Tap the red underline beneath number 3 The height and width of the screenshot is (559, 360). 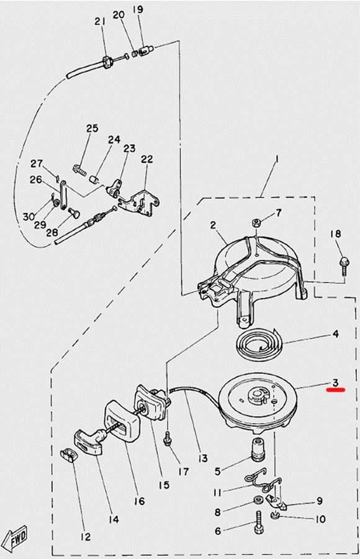[336, 390]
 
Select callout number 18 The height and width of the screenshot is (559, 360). [335, 234]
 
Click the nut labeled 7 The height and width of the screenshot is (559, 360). [255, 224]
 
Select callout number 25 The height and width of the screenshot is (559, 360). [92, 129]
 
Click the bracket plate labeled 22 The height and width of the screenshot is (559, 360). [139, 204]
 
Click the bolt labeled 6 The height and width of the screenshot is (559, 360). [258, 521]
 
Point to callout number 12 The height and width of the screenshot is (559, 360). [86, 537]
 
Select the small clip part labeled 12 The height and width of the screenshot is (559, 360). [68, 456]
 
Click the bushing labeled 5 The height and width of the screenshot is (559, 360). [259, 447]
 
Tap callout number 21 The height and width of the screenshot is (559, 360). [100, 21]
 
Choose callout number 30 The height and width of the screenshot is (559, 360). [29, 216]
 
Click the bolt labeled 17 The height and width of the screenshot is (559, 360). [167, 439]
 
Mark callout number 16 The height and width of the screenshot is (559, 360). [140, 501]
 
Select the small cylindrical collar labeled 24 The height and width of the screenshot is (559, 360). [94, 179]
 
